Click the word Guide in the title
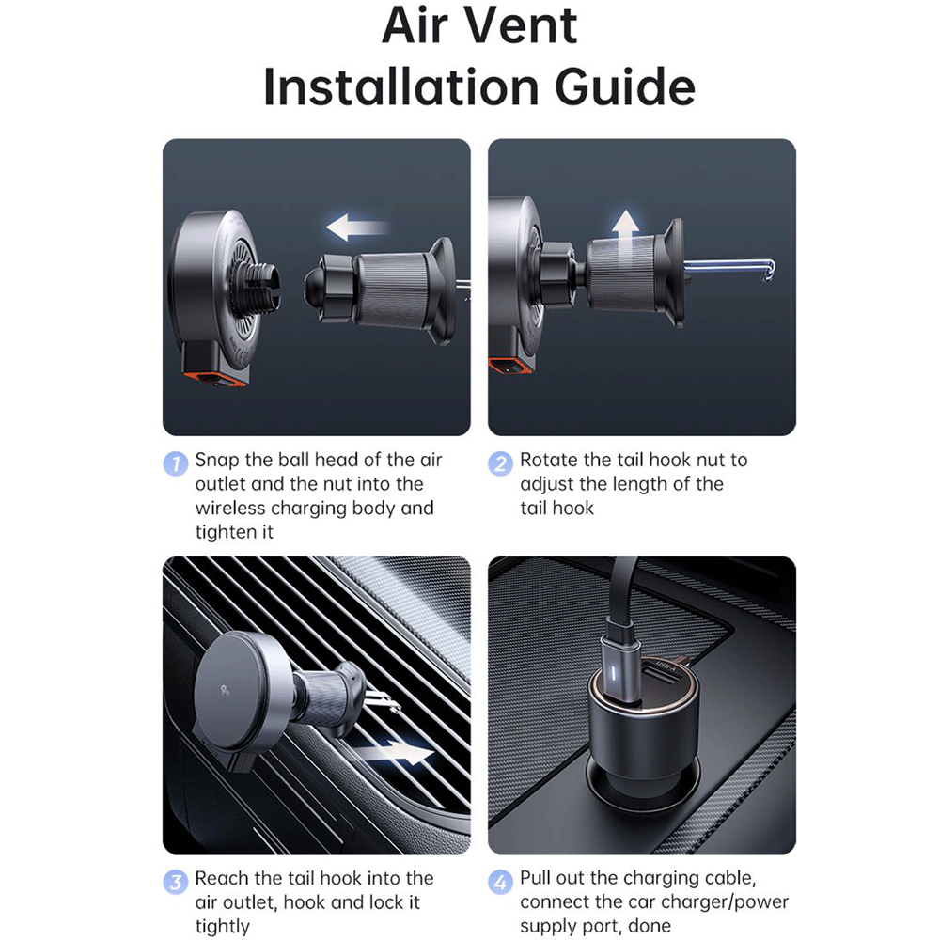(x=625, y=86)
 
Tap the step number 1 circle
(x=176, y=463)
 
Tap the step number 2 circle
(x=501, y=463)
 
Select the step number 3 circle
(x=176, y=882)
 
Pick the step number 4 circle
(x=501, y=882)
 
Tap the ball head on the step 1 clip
(x=315, y=286)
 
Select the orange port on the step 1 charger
(x=214, y=379)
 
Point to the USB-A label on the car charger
(x=666, y=666)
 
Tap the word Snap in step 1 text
(x=217, y=461)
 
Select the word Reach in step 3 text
(x=221, y=878)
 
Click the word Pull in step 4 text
(x=535, y=878)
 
